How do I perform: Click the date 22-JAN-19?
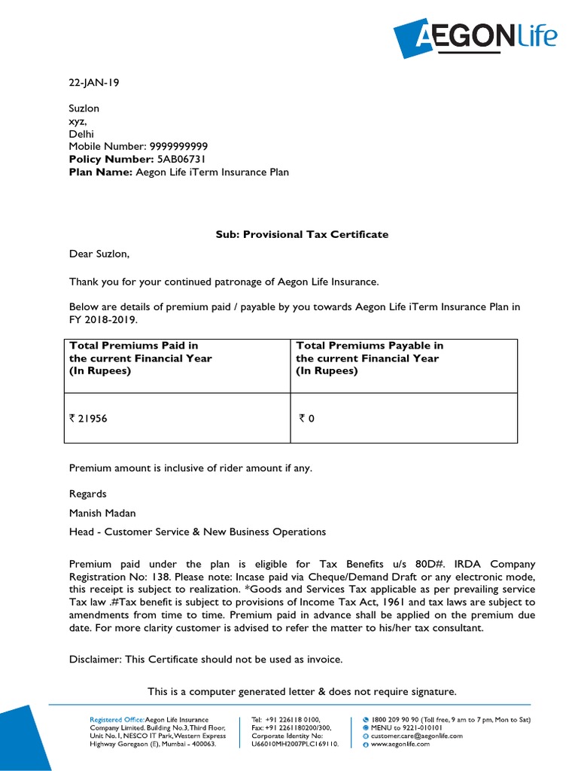click(x=94, y=83)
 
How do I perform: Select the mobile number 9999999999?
click(x=179, y=146)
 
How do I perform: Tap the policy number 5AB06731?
click(x=180, y=159)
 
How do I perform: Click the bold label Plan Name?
click(x=101, y=172)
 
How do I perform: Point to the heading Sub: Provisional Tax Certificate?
click(x=302, y=234)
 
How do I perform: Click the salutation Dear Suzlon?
click(x=99, y=256)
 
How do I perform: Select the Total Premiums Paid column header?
click(x=141, y=358)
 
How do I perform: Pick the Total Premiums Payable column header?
click(x=370, y=358)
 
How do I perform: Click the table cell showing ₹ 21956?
click(x=89, y=418)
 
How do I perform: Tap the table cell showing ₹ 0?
click(x=306, y=418)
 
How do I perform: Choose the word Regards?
click(x=88, y=494)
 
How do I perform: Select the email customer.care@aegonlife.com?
click(x=416, y=736)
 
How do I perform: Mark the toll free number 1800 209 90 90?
click(x=400, y=720)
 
